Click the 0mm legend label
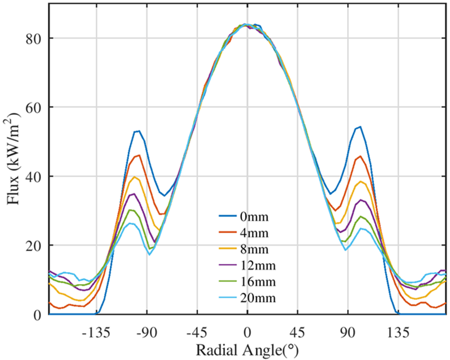[251, 216]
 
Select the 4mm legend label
[251, 233]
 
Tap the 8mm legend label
[251, 249]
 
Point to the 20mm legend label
[254, 298]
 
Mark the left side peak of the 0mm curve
[138, 131]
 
